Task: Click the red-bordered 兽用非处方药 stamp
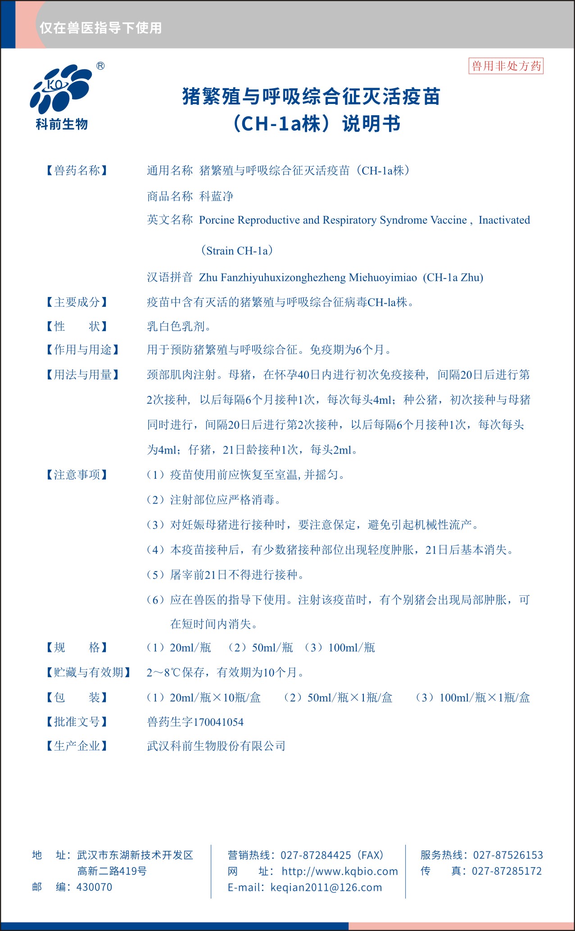(x=506, y=66)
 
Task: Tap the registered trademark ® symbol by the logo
(x=100, y=66)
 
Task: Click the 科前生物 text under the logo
(x=62, y=124)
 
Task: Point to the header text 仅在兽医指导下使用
(x=100, y=28)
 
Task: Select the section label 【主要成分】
(x=77, y=302)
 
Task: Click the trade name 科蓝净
(x=216, y=196)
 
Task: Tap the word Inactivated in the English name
(x=504, y=220)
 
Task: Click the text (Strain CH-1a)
(x=237, y=251)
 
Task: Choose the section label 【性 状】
(x=77, y=326)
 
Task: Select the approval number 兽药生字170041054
(x=195, y=722)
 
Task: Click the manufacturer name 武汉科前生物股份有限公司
(x=216, y=746)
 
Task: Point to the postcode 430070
(x=95, y=887)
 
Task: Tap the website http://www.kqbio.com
(x=340, y=871)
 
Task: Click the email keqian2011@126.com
(x=326, y=887)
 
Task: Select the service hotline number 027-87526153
(x=508, y=855)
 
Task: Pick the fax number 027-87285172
(x=507, y=871)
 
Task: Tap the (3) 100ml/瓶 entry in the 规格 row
(x=340, y=648)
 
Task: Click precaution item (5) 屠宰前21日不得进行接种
(x=225, y=575)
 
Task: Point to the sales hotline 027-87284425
(x=316, y=855)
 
